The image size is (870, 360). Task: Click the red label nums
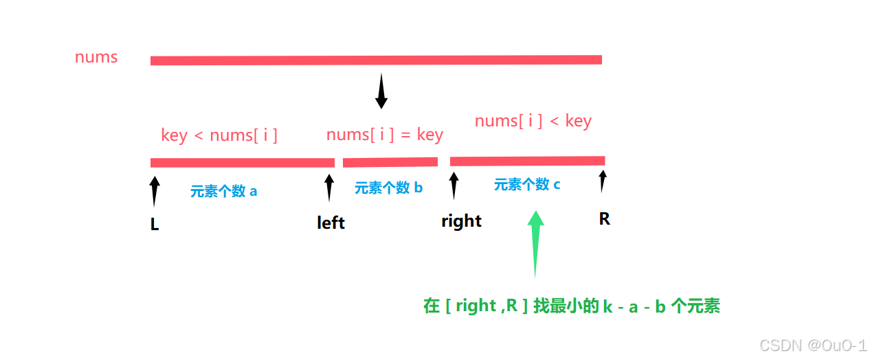pos(96,57)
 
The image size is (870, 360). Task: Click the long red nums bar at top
pos(376,60)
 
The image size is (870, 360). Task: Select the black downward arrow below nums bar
pos(381,91)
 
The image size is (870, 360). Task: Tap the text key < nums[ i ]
pos(219,135)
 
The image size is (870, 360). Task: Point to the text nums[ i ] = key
pos(385,135)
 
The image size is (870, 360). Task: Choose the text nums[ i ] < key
pos(533,121)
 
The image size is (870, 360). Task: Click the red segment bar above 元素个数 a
pos(243,163)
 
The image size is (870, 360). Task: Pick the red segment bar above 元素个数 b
pos(390,162)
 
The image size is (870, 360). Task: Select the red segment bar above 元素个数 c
pos(528,161)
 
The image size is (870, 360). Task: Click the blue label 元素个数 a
pos(224,191)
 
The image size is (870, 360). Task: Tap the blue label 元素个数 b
pos(388,188)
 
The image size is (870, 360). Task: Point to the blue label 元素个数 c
pos(527,184)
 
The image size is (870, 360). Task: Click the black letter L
pos(155,224)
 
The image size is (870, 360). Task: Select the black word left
pos(331,223)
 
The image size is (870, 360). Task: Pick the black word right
pos(461,221)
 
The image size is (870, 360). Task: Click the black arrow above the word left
pos(329,188)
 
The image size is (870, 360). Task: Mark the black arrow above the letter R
pos(603,181)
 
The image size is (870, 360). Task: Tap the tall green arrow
pos(535,245)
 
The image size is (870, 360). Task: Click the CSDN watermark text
pos(813,346)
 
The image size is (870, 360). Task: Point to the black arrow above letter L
pos(155,192)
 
